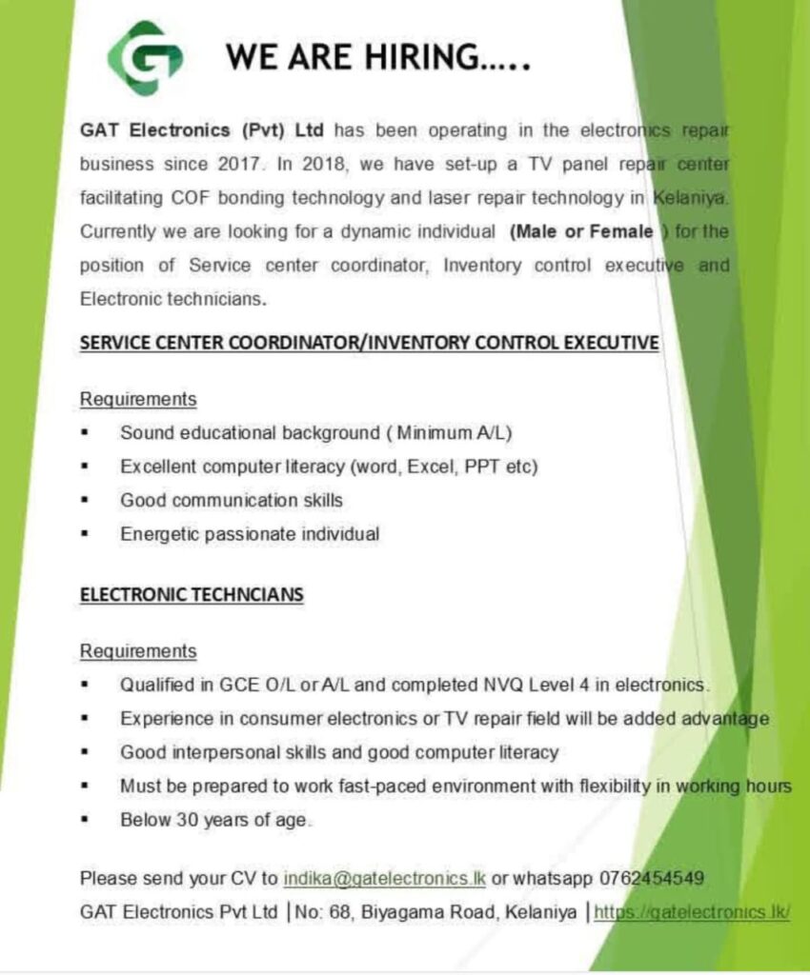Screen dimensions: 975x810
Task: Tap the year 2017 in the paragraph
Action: click(x=234, y=163)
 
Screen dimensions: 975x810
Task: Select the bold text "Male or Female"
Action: click(x=581, y=231)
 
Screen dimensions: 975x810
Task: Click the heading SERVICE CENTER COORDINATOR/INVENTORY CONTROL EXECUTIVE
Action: click(x=369, y=343)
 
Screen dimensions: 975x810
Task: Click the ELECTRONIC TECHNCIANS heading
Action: click(x=192, y=595)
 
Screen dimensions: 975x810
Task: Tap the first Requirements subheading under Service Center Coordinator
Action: click(x=138, y=398)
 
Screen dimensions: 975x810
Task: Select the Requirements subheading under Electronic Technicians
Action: click(x=138, y=651)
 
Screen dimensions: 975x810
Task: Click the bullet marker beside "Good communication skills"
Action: click(x=86, y=501)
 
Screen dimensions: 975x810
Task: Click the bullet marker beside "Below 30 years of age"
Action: click(x=86, y=820)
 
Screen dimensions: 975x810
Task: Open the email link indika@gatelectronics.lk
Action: click(x=384, y=877)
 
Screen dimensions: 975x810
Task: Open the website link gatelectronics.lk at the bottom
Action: click(x=692, y=912)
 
